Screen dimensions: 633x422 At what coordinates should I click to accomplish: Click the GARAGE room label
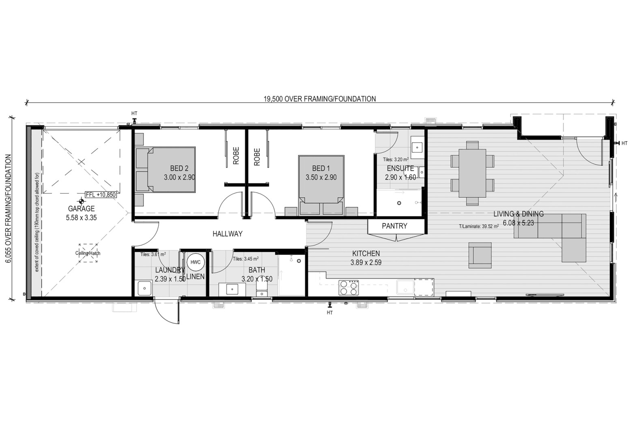[82, 209]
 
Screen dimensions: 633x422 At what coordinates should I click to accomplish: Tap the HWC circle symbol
[195, 262]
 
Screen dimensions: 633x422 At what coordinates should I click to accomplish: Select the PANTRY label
[394, 226]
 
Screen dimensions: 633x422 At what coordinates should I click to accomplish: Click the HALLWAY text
[228, 234]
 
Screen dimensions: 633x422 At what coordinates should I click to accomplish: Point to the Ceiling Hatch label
[88, 253]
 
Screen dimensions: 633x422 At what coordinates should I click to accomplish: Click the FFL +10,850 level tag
[101, 194]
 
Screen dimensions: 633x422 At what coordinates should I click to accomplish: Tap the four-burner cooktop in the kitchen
[349, 288]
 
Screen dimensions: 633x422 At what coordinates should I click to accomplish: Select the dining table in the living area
[472, 173]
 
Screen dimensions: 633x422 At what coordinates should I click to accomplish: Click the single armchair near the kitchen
[480, 255]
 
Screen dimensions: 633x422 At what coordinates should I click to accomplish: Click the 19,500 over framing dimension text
[320, 99]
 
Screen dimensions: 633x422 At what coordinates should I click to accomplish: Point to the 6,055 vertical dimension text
[9, 209]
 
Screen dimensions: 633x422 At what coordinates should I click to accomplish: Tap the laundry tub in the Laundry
[145, 289]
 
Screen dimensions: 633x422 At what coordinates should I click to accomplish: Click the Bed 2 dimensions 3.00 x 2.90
[179, 177]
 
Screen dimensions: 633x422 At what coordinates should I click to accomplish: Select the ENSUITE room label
[400, 168]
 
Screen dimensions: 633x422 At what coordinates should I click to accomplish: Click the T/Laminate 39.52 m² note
[479, 226]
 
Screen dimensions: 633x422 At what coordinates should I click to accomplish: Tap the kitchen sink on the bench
[405, 287]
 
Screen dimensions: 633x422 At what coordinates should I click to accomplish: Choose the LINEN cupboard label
[195, 276]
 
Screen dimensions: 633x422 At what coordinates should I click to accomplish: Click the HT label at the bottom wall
[329, 312]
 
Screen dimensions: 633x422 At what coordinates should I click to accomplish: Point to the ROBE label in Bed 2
[236, 156]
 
